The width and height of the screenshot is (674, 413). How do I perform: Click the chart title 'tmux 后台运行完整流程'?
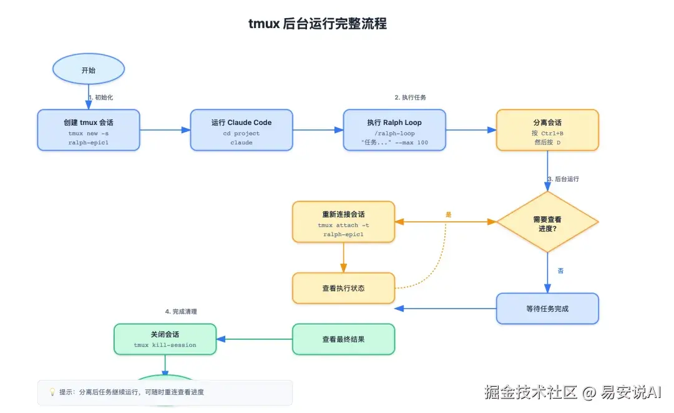click(x=318, y=24)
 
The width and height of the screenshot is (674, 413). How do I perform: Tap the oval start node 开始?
click(x=89, y=70)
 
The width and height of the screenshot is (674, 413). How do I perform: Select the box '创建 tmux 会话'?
click(x=89, y=130)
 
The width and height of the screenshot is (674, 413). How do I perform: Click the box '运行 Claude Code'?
click(x=242, y=130)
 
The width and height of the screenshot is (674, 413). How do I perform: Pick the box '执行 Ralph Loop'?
click(x=394, y=130)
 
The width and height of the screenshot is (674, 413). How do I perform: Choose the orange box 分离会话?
click(x=547, y=130)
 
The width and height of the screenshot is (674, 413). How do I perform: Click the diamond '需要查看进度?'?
click(x=547, y=222)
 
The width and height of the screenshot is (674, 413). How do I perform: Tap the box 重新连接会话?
click(x=343, y=222)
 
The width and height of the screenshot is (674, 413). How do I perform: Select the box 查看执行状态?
click(x=343, y=289)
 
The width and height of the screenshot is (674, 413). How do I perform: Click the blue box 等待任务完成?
click(x=547, y=309)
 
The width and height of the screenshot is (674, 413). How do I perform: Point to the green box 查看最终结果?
click(x=343, y=339)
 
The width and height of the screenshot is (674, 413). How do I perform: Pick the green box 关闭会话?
click(x=165, y=339)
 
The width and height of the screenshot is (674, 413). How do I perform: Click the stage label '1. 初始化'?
click(x=100, y=97)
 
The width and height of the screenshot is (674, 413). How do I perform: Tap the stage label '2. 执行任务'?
click(x=411, y=97)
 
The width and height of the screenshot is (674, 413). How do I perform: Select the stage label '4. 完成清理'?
click(x=181, y=311)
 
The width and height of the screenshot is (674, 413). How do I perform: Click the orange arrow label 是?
click(x=448, y=214)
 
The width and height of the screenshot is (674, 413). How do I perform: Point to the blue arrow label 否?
click(x=560, y=271)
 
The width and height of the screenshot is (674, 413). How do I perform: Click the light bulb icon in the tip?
click(x=52, y=392)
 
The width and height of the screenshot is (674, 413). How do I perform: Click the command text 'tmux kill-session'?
click(x=165, y=345)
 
